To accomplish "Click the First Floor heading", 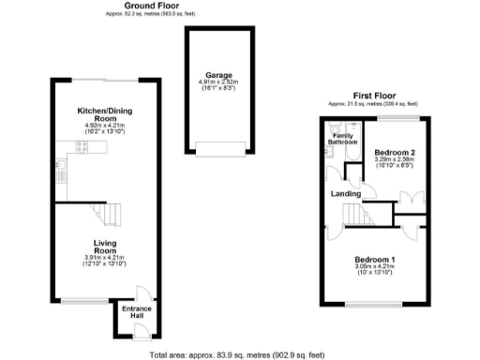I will (373, 94).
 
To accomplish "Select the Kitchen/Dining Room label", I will (104, 114).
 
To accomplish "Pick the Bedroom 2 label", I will (395, 152).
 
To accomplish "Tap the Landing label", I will (346, 194).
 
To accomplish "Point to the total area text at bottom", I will (239, 354).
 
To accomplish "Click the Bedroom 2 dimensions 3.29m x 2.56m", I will (395, 159).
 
